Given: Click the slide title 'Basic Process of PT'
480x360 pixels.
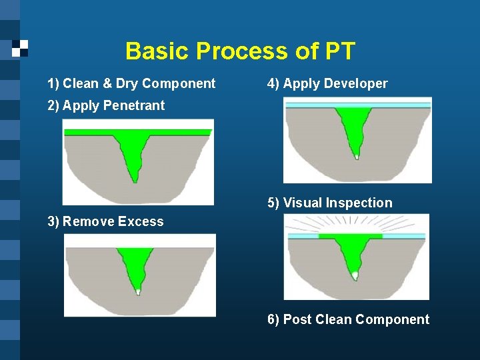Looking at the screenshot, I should [240, 51].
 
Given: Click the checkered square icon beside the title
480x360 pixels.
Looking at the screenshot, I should [21, 47].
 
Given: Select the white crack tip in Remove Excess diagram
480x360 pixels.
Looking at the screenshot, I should [138, 291].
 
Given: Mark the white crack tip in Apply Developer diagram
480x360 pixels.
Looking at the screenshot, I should [357, 157].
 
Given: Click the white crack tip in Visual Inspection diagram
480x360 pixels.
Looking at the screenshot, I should [355, 275].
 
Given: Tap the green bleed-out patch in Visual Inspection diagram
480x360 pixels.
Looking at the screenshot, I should [350, 236].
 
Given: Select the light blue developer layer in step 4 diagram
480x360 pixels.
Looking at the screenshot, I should [313, 105].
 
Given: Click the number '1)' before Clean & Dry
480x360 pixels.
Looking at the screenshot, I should [53, 84].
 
